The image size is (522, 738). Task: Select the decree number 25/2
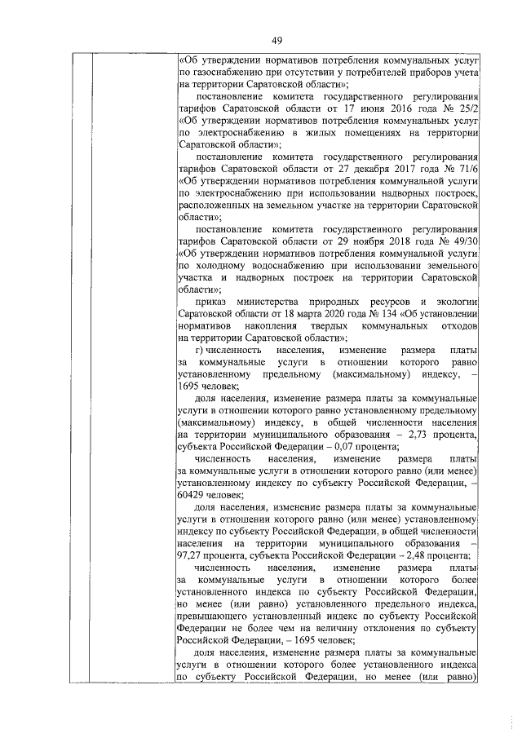click(467, 106)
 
